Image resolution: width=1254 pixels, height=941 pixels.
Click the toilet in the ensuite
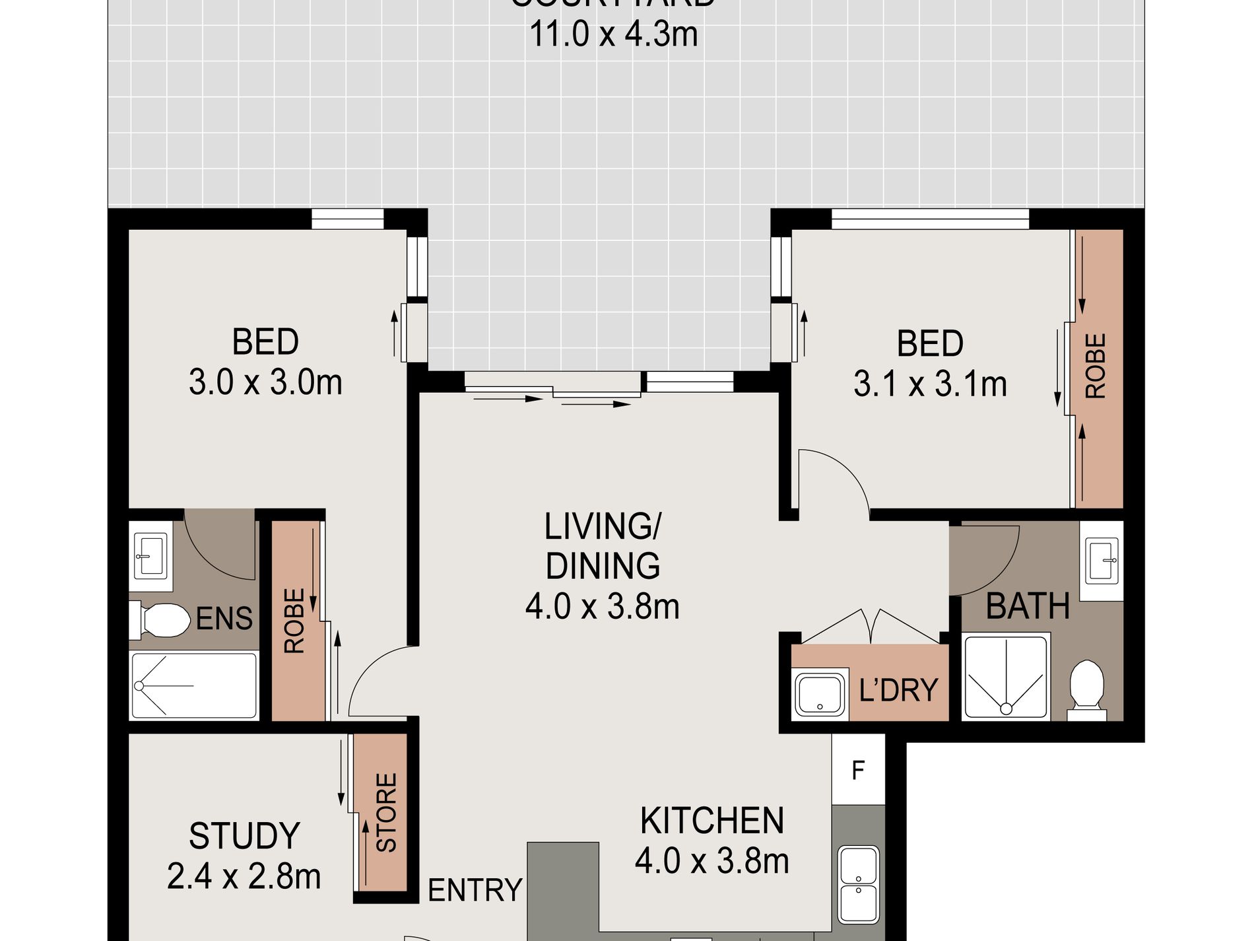click(x=158, y=620)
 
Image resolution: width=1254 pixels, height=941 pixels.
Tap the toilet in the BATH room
click(x=1086, y=687)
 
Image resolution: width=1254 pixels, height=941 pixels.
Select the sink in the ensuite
click(x=151, y=555)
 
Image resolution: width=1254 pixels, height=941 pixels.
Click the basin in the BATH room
click(x=1103, y=561)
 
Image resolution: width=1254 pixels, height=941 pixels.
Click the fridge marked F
click(x=857, y=770)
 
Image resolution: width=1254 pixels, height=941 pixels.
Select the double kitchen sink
click(x=858, y=884)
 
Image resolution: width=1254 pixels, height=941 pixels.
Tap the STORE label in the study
click(x=387, y=812)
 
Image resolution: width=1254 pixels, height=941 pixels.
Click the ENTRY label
click(x=475, y=890)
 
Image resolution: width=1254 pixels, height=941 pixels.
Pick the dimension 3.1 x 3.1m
click(x=930, y=384)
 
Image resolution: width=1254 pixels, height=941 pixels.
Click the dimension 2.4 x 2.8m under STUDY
click(x=244, y=877)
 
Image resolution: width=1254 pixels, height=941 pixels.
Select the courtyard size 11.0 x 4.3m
click(x=613, y=34)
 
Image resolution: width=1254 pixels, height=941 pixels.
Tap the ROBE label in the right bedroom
click(x=1096, y=366)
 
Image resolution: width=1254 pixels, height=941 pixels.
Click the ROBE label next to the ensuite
click(x=294, y=621)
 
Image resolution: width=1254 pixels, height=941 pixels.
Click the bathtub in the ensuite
click(x=194, y=685)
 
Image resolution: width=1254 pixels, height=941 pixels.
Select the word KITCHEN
click(x=712, y=821)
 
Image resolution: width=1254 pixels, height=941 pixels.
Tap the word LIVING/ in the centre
click(x=602, y=527)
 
